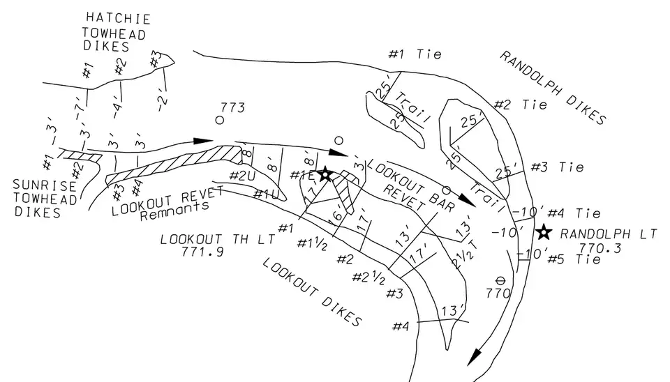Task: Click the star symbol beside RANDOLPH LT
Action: (544, 232)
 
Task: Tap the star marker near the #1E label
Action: (325, 174)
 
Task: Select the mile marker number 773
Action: (232, 107)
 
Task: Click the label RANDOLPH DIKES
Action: (552, 88)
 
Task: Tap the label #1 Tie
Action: (416, 54)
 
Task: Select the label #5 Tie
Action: (574, 259)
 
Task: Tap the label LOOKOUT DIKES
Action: (312, 291)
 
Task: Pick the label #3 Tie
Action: (557, 167)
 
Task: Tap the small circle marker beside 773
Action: (219, 120)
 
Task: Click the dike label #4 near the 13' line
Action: (401, 326)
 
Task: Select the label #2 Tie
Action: (521, 105)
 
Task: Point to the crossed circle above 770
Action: (500, 280)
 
